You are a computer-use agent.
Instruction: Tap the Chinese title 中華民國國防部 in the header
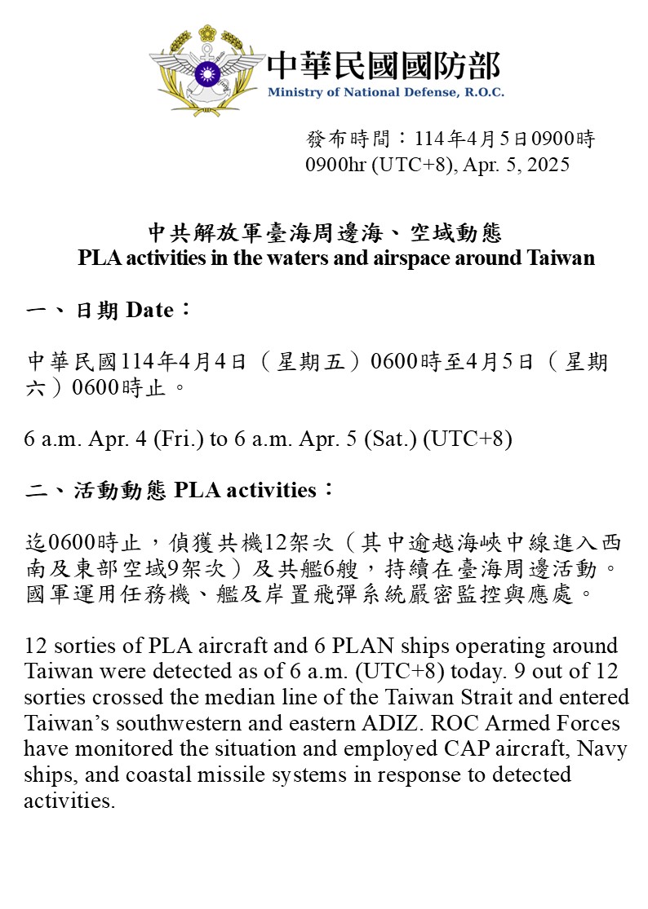pyautogui.click(x=384, y=65)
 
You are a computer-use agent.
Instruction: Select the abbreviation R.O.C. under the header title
pyautogui.click(x=485, y=92)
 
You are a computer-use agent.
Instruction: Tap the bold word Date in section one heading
pyautogui.click(x=149, y=311)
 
